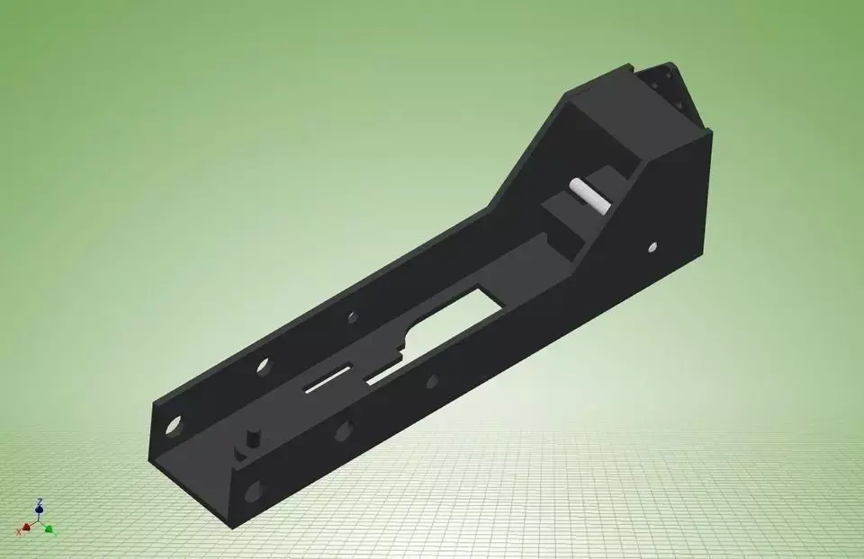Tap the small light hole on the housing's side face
pyautogui.click(x=652, y=245)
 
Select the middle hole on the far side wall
pyautogui.click(x=263, y=366)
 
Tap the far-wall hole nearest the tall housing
pyautogui.click(x=349, y=317)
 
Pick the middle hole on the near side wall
pyautogui.click(x=343, y=430)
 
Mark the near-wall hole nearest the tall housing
pyautogui.click(x=432, y=381)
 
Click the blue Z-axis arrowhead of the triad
pyautogui.click(x=39, y=510)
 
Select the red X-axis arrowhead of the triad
pyautogui.click(x=27, y=528)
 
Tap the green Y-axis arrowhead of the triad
pyautogui.click(x=49, y=528)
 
